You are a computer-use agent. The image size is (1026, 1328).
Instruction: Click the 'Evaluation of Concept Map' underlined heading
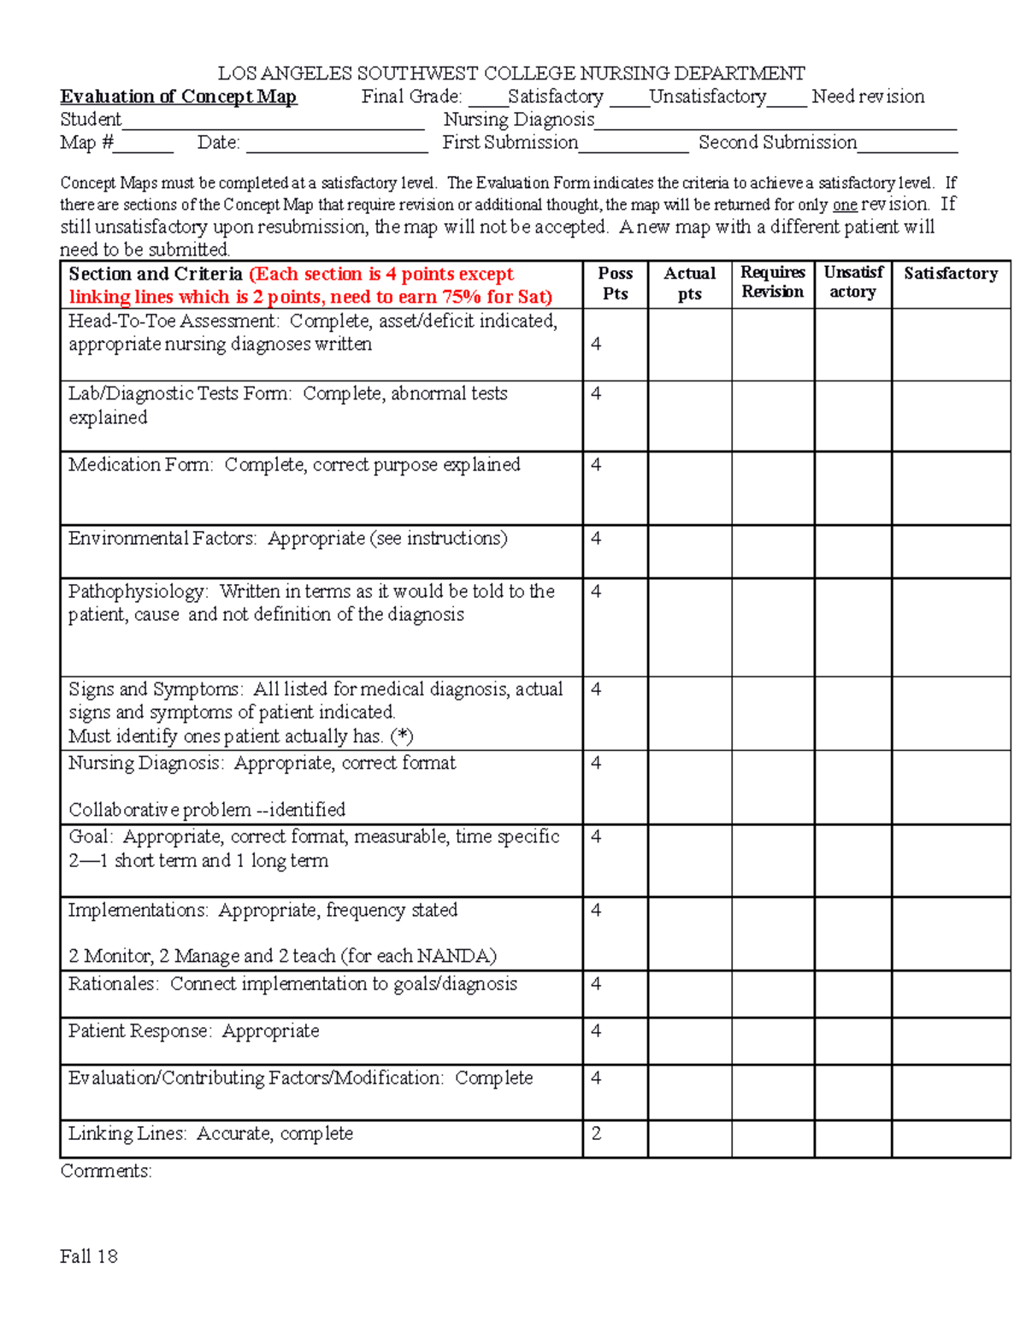pos(178,97)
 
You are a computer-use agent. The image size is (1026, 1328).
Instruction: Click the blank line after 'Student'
pos(273,122)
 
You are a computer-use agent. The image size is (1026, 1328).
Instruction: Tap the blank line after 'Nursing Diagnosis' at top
pos(775,122)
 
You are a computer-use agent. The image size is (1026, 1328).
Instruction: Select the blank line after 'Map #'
pos(144,145)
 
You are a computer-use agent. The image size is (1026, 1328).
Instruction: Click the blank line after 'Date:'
pos(337,145)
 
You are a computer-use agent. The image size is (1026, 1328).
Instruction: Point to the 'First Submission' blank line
pos(633,145)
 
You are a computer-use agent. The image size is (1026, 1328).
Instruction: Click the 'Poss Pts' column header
pos(615,283)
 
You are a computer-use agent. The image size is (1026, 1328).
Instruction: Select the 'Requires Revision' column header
pos(772,282)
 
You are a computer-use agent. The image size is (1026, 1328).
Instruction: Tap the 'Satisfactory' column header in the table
pos(950,274)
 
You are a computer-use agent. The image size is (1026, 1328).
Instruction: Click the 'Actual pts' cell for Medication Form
pos(689,488)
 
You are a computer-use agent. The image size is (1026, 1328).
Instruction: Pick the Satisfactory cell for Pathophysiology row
pos(950,628)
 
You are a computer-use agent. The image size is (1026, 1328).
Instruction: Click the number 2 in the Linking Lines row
pos(596,1134)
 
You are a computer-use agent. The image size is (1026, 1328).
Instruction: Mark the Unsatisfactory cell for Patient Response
pos(852,1041)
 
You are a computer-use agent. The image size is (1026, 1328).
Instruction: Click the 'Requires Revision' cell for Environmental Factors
pos(772,552)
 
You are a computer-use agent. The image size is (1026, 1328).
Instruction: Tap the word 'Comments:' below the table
pos(106,1172)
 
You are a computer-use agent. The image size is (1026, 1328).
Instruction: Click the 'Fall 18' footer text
pos(88,1256)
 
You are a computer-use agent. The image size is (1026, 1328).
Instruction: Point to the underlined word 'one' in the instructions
pos(845,205)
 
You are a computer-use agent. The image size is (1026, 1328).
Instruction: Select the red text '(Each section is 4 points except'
pos(381,274)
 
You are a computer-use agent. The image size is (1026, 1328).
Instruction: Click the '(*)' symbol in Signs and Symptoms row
pos(401,736)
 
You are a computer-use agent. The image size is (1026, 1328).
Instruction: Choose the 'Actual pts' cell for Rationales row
pos(689,994)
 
